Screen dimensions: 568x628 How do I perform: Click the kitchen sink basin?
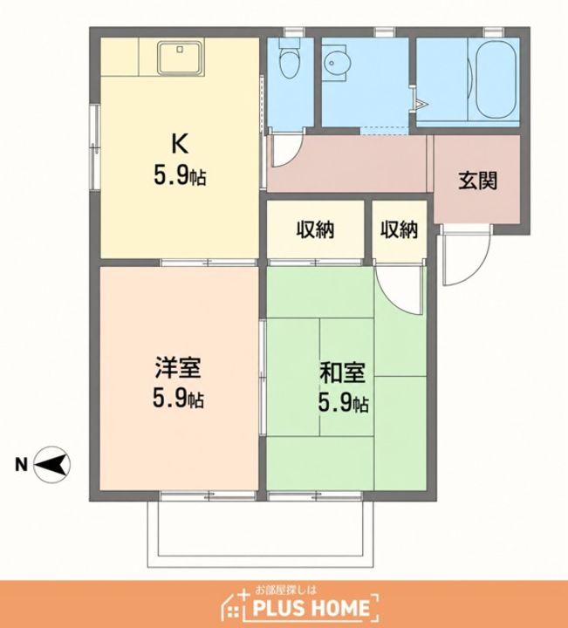pyautogui.click(x=181, y=58)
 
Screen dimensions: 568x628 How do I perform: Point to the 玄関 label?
pyautogui.click(x=478, y=181)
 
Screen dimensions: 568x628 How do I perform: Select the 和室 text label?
pyautogui.click(x=343, y=373)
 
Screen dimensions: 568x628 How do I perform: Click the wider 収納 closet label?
pyautogui.click(x=315, y=230)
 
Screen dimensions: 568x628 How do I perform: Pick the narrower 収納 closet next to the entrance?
pyautogui.click(x=399, y=230)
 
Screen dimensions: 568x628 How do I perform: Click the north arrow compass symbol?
pyautogui.click(x=51, y=465)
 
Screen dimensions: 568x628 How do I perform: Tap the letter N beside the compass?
pyautogui.click(x=21, y=465)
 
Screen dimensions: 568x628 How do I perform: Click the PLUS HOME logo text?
pyautogui.click(x=311, y=608)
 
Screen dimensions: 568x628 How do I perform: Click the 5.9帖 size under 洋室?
pyautogui.click(x=178, y=398)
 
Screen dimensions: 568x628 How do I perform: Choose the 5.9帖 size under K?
pyautogui.click(x=180, y=176)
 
